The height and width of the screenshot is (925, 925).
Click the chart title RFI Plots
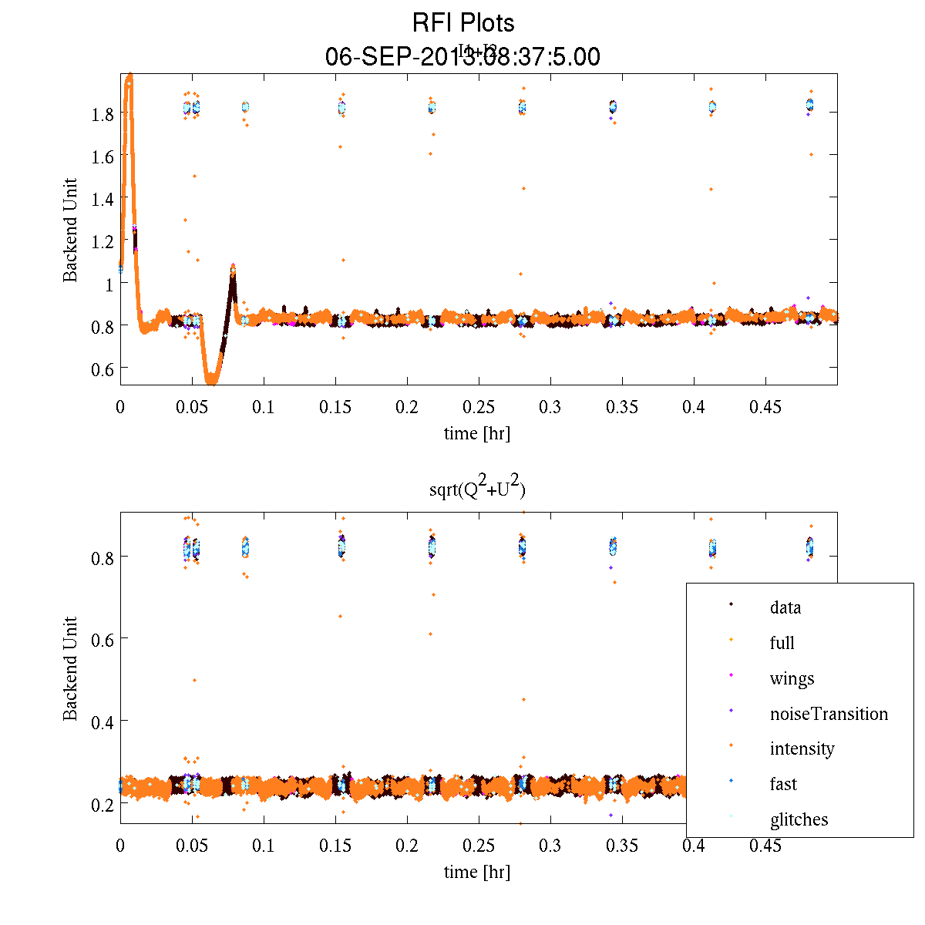(x=463, y=22)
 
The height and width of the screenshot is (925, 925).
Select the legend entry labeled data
(x=785, y=607)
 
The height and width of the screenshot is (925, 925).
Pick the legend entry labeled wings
(x=792, y=678)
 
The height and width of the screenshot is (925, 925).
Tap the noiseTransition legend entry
(x=829, y=714)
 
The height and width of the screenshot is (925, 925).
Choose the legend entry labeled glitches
(x=799, y=819)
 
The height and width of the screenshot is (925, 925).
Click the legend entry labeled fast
(x=783, y=784)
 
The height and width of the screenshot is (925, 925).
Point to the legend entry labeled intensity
(x=802, y=748)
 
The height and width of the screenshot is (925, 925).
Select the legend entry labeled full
(x=782, y=643)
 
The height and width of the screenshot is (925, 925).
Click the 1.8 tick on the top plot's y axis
(x=102, y=113)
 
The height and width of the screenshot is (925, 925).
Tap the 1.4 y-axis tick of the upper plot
(x=102, y=198)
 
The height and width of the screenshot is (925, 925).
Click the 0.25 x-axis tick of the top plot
(x=479, y=406)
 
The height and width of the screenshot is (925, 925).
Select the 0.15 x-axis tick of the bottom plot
(x=335, y=846)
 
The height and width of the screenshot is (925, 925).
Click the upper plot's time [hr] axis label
(x=477, y=433)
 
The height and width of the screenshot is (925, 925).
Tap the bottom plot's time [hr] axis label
(x=477, y=872)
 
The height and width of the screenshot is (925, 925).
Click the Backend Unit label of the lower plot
(x=71, y=668)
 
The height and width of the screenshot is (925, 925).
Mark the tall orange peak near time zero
(x=129, y=77)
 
